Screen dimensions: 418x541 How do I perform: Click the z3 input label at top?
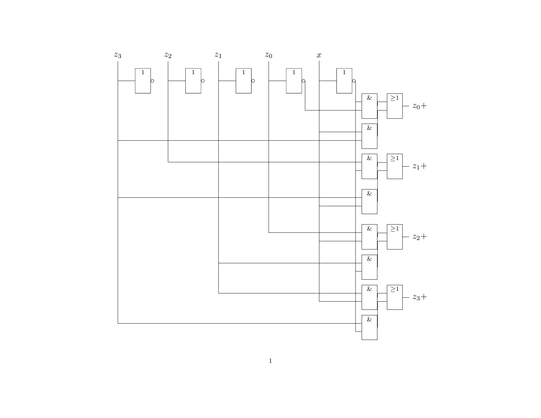(x=117, y=55)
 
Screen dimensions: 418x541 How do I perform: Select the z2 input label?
(x=168, y=55)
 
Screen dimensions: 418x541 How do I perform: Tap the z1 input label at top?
(x=218, y=55)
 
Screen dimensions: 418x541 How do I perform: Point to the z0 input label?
(x=269, y=55)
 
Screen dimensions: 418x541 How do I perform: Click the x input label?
(x=319, y=55)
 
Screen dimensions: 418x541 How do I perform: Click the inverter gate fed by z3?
(x=143, y=81)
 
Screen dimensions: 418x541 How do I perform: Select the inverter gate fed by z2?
(x=193, y=81)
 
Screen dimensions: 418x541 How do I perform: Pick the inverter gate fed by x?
(x=344, y=81)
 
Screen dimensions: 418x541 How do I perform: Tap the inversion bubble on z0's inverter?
(x=303, y=81)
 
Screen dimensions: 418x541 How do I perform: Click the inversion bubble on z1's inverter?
(x=253, y=81)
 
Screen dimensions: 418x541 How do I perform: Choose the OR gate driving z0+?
(x=394, y=106)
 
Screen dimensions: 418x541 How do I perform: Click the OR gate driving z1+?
(x=394, y=166)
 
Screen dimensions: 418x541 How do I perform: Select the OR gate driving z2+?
(x=394, y=237)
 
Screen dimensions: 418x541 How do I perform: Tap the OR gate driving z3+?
(x=394, y=297)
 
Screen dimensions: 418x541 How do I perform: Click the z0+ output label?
(x=420, y=106)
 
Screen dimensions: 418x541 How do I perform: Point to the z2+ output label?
(x=420, y=237)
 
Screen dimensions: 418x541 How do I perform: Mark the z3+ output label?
(x=420, y=297)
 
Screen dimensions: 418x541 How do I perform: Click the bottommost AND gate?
(x=369, y=327)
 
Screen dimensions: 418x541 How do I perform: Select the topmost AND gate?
(x=369, y=106)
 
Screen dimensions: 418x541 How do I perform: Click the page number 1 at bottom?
(x=270, y=361)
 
